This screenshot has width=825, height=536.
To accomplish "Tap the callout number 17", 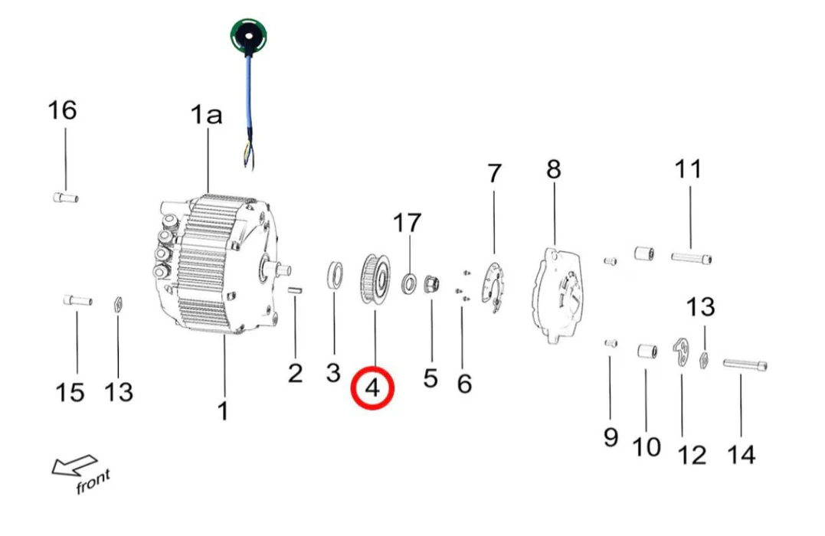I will pyautogui.click(x=408, y=224).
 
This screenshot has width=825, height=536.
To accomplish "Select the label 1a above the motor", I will pyautogui.click(x=206, y=116).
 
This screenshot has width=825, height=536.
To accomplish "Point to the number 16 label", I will pyautogui.click(x=62, y=110).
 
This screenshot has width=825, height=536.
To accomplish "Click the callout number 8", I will pyautogui.click(x=553, y=169).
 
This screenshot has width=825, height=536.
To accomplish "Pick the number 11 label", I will pyautogui.click(x=687, y=169).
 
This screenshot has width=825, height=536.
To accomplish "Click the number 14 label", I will pyautogui.click(x=741, y=454).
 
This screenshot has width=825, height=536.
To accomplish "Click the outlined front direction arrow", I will pyautogui.click(x=74, y=466).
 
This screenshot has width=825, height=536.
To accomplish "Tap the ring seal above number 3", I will pyautogui.click(x=335, y=275).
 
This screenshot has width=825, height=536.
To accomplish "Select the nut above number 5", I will pyautogui.click(x=431, y=285).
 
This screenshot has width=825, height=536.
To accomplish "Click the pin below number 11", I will pyautogui.click(x=692, y=258).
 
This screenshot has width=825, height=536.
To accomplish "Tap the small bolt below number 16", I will pyautogui.click(x=66, y=198).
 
